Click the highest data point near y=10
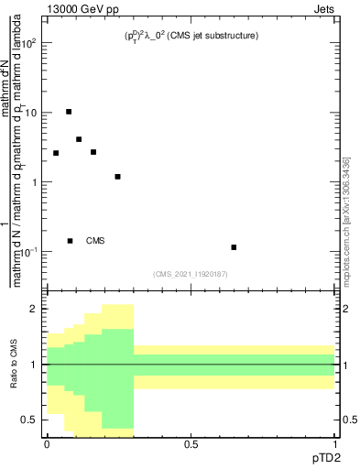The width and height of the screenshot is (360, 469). (x=69, y=112)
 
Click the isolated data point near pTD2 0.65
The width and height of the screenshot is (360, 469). (x=235, y=247)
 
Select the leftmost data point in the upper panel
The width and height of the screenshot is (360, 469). (x=56, y=153)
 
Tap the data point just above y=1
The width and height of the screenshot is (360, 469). (x=118, y=177)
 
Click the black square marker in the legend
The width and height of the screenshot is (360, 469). (x=70, y=241)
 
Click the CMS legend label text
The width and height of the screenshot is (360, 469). (x=95, y=241)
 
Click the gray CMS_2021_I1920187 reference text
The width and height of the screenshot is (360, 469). (x=191, y=274)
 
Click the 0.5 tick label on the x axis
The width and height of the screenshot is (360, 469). (x=191, y=444)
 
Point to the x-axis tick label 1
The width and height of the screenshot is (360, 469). (x=334, y=444)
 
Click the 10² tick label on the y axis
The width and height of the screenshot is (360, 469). (x=30, y=43)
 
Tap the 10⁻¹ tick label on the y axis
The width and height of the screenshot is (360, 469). (x=30, y=251)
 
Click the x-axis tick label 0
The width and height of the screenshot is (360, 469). (x=47, y=444)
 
